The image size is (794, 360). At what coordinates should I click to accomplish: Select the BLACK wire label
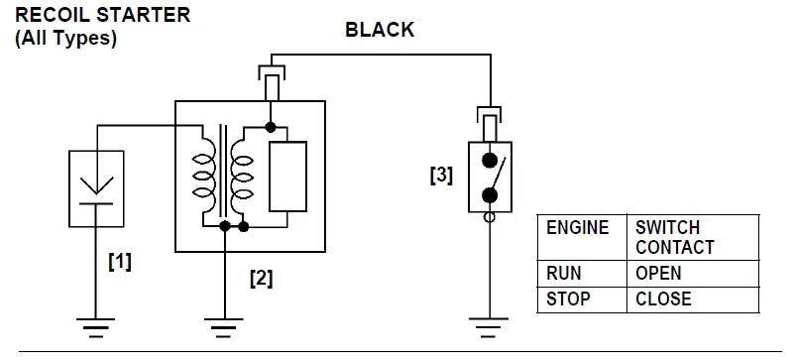pyautogui.click(x=380, y=30)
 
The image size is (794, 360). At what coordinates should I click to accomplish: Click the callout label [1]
pyautogui.click(x=119, y=263)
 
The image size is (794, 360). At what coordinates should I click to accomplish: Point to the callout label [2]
pyautogui.click(x=261, y=279)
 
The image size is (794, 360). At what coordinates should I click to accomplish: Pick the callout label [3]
pyautogui.click(x=441, y=176)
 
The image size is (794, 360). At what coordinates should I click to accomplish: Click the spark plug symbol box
pyautogui.click(x=96, y=188)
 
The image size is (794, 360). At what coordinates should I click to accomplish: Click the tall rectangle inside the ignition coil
pyautogui.click(x=288, y=177)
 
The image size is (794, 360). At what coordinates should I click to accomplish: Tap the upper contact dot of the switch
pyautogui.click(x=488, y=160)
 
